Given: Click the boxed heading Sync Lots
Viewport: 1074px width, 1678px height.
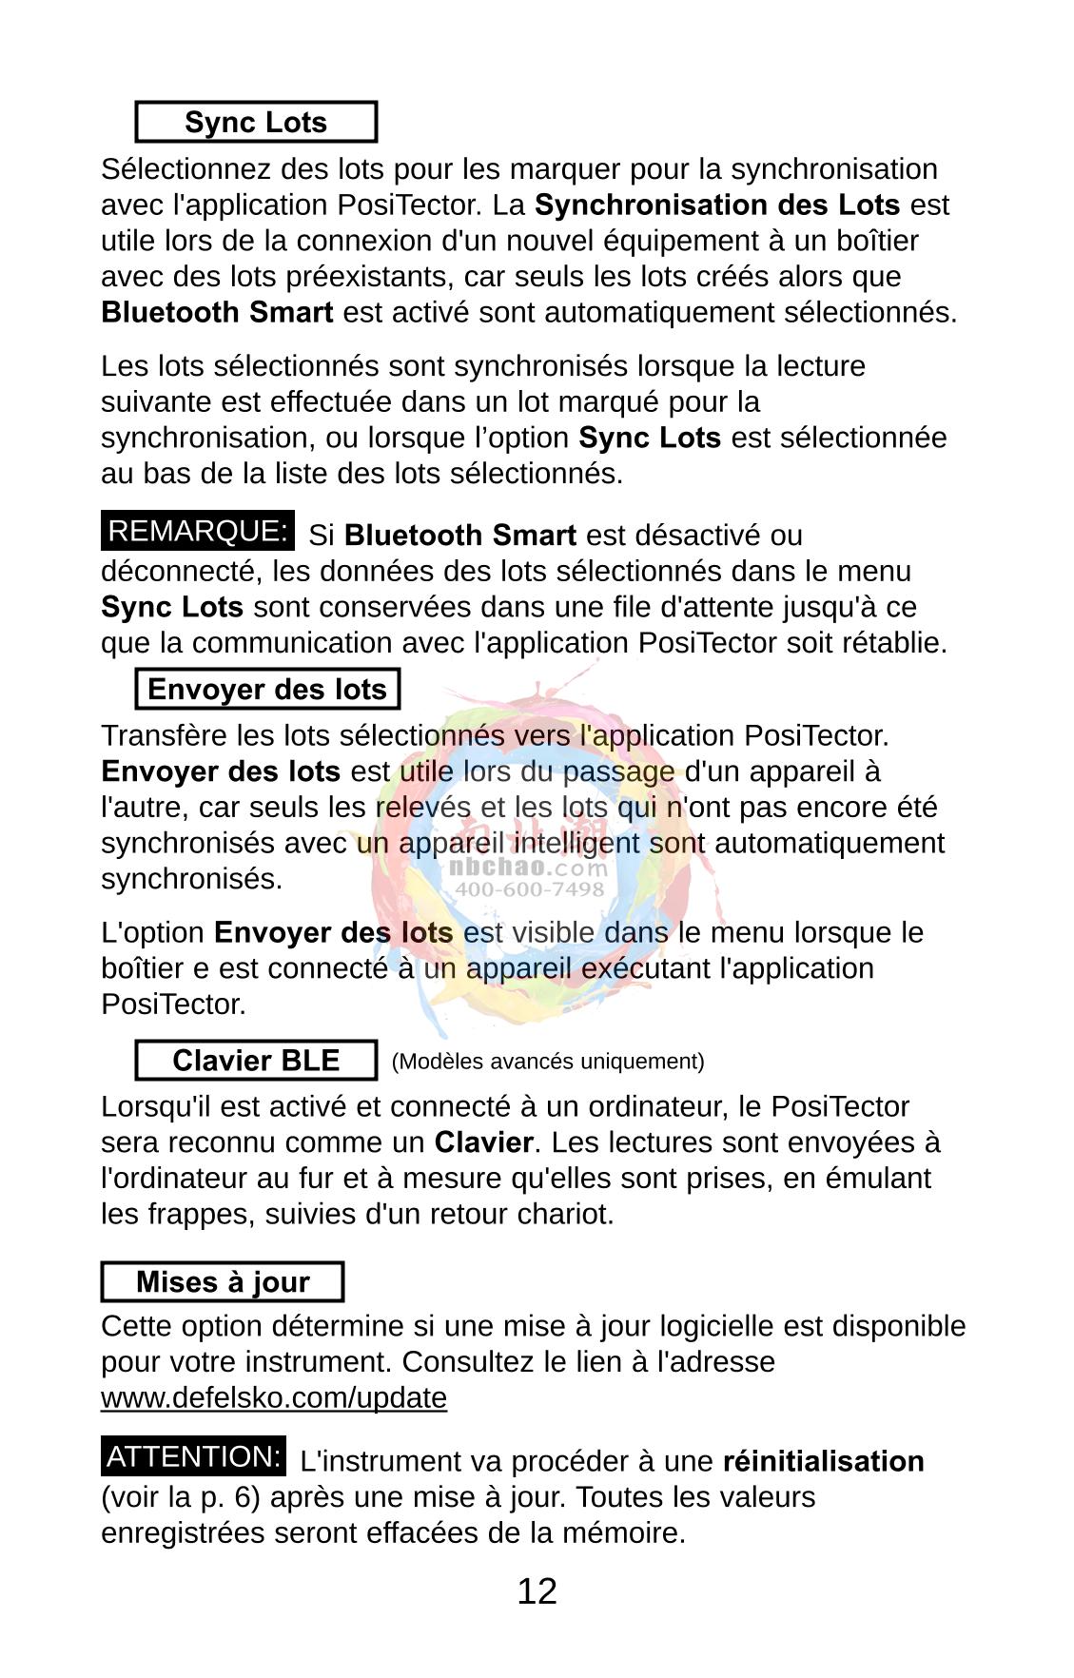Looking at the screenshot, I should pyautogui.click(x=256, y=123).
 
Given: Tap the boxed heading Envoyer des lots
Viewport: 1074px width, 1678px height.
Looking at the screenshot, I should pyautogui.click(x=267, y=690).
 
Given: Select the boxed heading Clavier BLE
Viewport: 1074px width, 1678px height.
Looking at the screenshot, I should pyautogui.click(x=256, y=1062).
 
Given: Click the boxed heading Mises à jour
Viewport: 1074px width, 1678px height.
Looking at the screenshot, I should pyautogui.click(x=223, y=1282).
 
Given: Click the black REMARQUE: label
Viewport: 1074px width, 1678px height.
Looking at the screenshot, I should pyautogui.click(x=198, y=532).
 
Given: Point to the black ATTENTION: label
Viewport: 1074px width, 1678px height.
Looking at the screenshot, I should pyautogui.click(x=194, y=1457).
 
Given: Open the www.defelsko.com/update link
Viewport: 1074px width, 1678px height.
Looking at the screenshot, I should pyautogui.click(x=274, y=1398).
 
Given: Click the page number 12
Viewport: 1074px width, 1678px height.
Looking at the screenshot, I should pyautogui.click(x=537, y=1591).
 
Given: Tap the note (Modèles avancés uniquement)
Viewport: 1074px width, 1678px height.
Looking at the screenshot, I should pyautogui.click(x=548, y=1062).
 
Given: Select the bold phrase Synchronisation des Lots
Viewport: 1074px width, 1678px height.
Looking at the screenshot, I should pyautogui.click(x=717, y=205).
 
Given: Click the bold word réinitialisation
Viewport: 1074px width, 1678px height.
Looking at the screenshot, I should pyautogui.click(x=823, y=1461).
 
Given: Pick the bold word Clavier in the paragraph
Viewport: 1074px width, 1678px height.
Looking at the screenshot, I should pyautogui.click(x=483, y=1142).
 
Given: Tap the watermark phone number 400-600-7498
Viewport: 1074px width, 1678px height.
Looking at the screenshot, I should pyautogui.click(x=530, y=889).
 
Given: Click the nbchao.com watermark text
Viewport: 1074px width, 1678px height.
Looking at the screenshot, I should pyautogui.click(x=527, y=868).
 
